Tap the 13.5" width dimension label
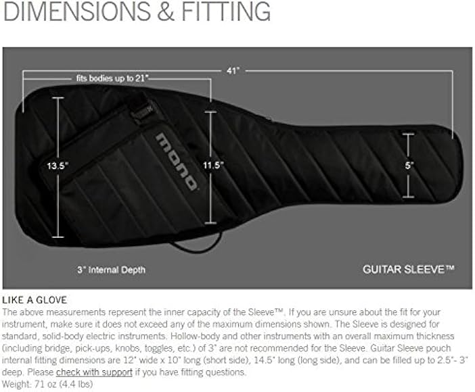point(59,165)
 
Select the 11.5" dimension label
point(213,164)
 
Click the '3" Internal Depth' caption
point(111,270)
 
